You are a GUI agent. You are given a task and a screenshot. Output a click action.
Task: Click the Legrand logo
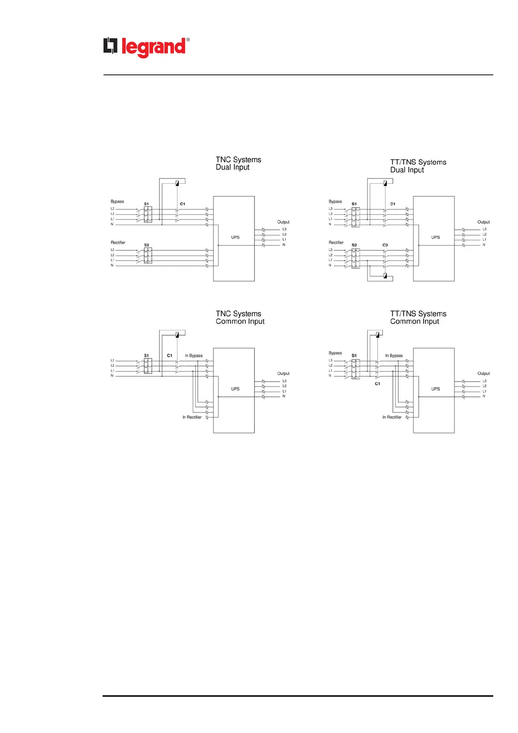click(146, 47)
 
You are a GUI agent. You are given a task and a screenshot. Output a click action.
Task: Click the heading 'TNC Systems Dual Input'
click(238, 163)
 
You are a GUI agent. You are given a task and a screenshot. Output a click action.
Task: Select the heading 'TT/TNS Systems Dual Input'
click(418, 166)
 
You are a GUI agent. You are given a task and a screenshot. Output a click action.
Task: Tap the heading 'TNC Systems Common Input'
click(240, 317)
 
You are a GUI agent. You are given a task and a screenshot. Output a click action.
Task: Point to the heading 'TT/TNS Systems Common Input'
click(418, 317)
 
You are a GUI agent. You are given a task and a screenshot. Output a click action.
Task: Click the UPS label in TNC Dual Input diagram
click(235, 237)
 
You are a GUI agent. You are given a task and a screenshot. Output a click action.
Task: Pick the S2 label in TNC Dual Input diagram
click(147, 245)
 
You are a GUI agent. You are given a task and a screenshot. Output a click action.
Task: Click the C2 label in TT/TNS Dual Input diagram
click(385, 245)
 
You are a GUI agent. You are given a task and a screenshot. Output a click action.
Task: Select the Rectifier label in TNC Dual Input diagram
click(118, 242)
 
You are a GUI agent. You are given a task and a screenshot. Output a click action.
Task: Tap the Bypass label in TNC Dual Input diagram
click(117, 202)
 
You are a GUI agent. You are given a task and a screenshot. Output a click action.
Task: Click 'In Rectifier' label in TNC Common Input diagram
click(192, 417)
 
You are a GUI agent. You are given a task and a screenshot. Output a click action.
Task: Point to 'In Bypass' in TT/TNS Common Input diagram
click(394, 356)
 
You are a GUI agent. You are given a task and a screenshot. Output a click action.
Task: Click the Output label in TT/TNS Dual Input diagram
click(483, 222)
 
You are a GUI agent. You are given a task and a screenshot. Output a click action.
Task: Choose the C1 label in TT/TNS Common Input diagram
click(378, 383)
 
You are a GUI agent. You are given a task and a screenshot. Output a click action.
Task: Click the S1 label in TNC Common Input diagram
click(147, 356)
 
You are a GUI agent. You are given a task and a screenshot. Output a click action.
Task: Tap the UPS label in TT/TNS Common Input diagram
click(435, 389)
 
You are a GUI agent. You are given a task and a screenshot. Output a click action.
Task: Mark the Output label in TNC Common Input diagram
click(283, 373)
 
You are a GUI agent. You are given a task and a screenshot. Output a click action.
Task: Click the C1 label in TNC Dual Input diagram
click(183, 204)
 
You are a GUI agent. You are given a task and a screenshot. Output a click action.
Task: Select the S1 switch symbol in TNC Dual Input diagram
click(148, 215)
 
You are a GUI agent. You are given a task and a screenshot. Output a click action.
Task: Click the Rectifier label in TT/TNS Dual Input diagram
click(336, 242)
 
